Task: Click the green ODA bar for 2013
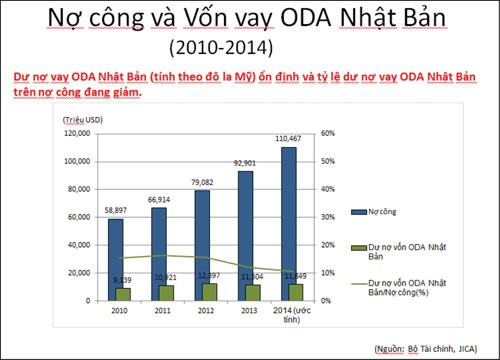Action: [253, 292]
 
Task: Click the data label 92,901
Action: [245, 163]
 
